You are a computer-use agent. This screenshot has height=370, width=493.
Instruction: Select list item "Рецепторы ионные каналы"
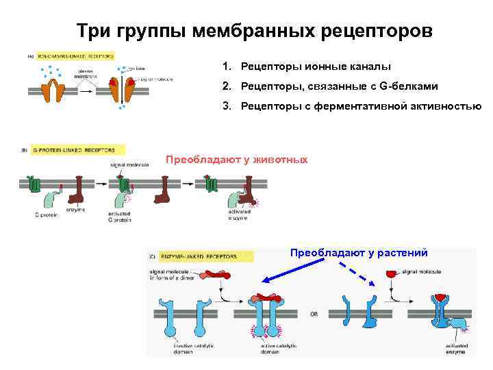coord(316,67)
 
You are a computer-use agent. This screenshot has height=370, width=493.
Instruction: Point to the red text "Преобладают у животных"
coord(237,160)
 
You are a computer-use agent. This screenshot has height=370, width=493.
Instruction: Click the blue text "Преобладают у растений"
coord(359,253)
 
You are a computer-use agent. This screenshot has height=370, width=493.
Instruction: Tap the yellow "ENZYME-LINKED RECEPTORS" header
coord(198,256)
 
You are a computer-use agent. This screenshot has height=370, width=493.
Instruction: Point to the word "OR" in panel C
coord(314,317)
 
